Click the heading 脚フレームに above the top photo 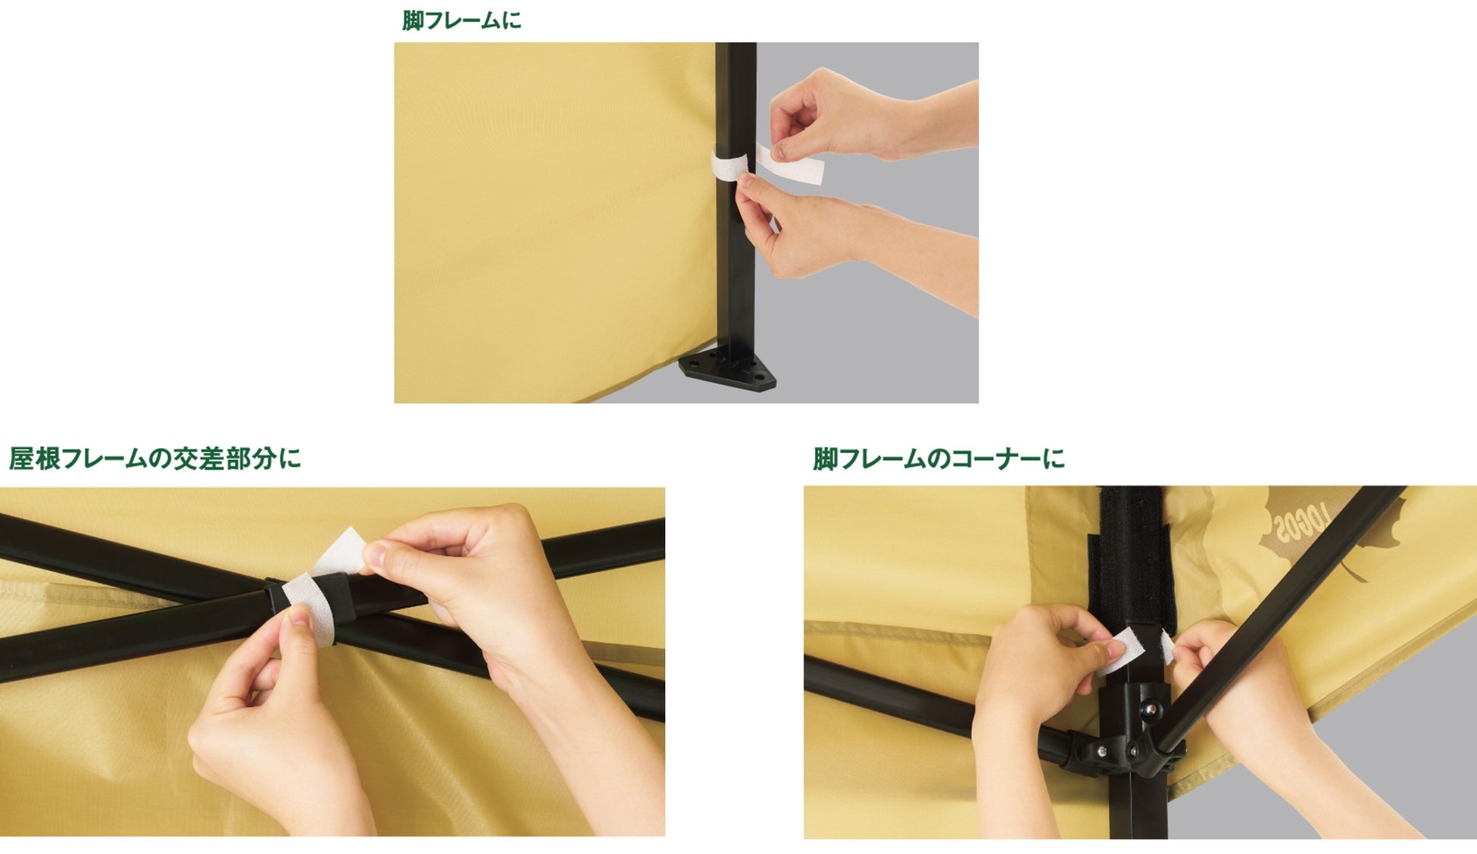pyautogui.click(x=461, y=20)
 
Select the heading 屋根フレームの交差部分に pyautogui.click(x=155, y=458)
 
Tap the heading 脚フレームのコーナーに pyautogui.click(x=939, y=458)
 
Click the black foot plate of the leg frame pyautogui.click(x=727, y=368)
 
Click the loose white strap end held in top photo pyautogui.click(x=790, y=164)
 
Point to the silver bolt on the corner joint pyautogui.click(x=1151, y=709)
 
